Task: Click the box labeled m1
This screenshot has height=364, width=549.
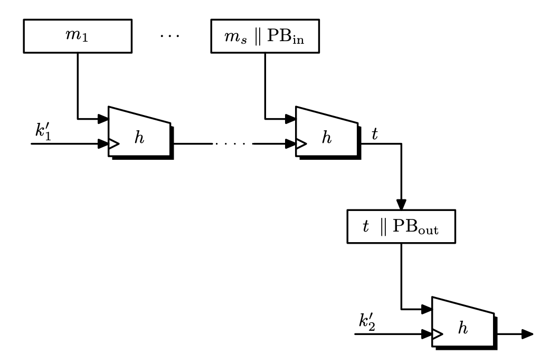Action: (78, 36)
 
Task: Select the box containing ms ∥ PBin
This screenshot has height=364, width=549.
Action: (264, 36)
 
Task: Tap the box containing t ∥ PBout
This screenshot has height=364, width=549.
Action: (401, 227)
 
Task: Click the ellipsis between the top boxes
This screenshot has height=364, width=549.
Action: (169, 36)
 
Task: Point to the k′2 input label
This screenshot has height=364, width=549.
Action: (367, 322)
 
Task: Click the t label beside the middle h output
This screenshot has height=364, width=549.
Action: (375, 134)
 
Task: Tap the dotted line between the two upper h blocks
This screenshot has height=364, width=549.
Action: (232, 143)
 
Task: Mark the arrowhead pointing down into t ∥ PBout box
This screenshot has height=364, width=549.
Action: (401, 204)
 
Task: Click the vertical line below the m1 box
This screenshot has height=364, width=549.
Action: (78, 84)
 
